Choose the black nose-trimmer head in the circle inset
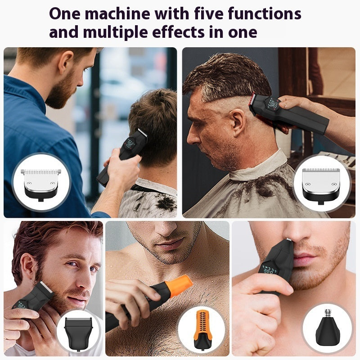coord(327,331)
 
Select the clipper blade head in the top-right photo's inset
coord(321,182)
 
